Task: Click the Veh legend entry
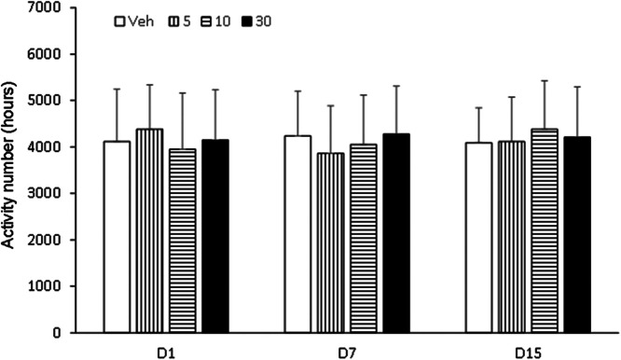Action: (x=131, y=19)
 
